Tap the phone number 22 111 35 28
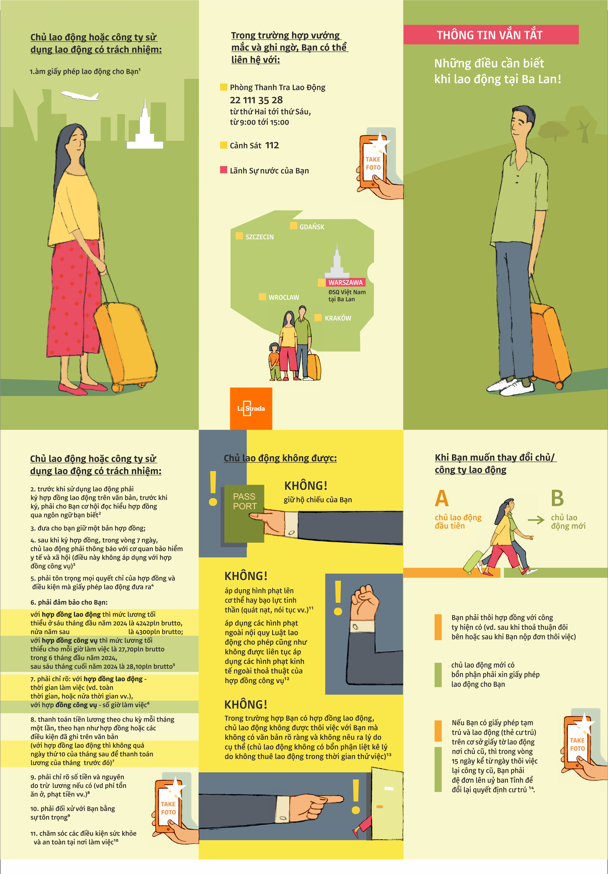point(256,100)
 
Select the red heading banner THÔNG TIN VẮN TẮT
point(491,35)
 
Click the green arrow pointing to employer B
point(536,520)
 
